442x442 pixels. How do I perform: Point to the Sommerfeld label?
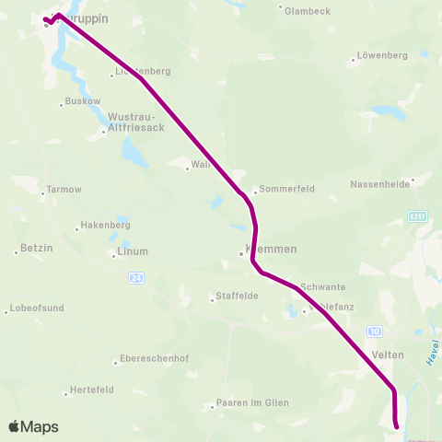pyautogui.click(x=287, y=189)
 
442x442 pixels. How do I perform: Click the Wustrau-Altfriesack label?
pyautogui.click(x=136, y=122)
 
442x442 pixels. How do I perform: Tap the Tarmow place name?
pyautogui.click(x=64, y=190)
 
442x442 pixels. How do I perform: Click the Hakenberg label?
pyautogui.click(x=106, y=225)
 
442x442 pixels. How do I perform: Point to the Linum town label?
pyautogui.click(x=133, y=250)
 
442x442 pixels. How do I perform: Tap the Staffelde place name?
pyautogui.click(x=236, y=296)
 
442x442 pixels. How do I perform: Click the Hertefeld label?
pyautogui.click(x=92, y=390)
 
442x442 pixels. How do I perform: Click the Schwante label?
pyautogui.click(x=323, y=286)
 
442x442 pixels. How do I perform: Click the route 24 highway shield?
pyautogui.click(x=136, y=276)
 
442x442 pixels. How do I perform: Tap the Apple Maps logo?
pyautogui.click(x=34, y=426)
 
